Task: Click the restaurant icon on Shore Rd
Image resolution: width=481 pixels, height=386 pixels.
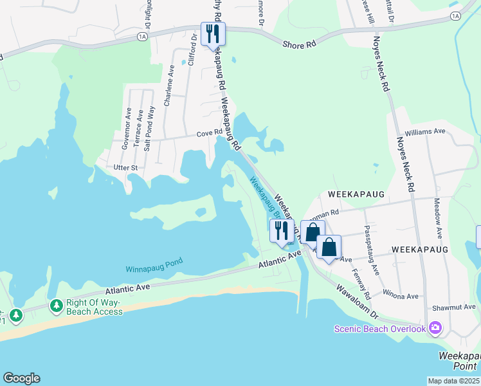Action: tap(213, 33)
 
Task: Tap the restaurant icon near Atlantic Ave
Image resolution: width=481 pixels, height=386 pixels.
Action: tap(281, 230)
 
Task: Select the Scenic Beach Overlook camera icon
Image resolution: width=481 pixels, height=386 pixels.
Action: tap(435, 329)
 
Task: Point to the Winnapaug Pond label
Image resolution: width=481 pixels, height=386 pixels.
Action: tap(154, 264)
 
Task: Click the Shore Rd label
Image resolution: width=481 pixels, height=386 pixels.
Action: tap(300, 44)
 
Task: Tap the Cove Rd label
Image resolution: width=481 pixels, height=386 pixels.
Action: tap(209, 134)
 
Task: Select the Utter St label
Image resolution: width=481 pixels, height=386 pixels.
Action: tap(125, 167)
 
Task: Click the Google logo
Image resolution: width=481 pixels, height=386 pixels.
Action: tap(21, 378)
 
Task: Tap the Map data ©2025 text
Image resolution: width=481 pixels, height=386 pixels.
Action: tap(454, 381)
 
